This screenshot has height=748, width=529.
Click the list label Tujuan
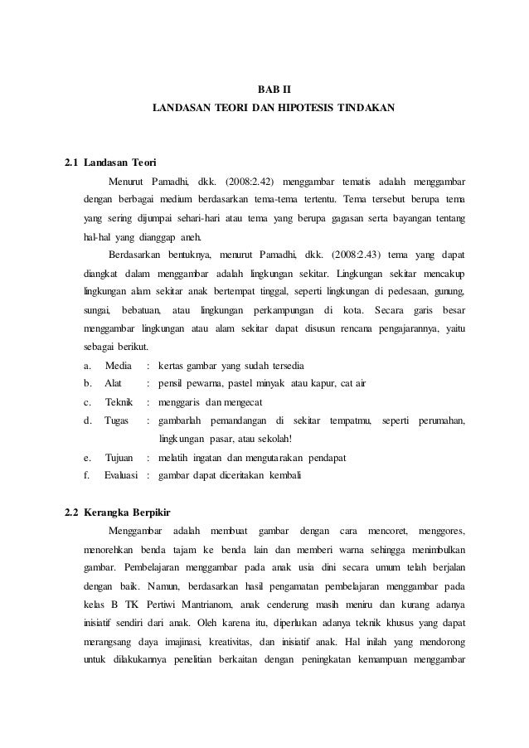point(119,457)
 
